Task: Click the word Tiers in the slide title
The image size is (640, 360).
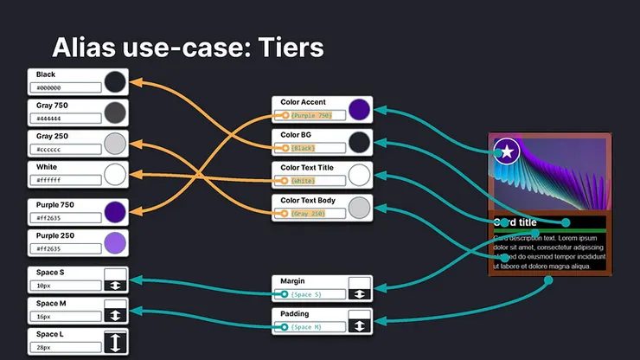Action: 283,47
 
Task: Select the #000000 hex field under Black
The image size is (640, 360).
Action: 66,87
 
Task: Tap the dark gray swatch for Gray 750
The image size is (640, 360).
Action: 115,112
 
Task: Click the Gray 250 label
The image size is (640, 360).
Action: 52,136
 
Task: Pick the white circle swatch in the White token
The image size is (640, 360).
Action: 115,174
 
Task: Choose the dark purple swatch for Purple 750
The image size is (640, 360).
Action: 115,212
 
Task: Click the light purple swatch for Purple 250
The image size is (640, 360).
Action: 115,242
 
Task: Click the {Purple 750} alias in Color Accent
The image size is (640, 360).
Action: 310,115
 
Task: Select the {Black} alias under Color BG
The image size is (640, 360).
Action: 303,148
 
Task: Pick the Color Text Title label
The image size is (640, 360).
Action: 307,167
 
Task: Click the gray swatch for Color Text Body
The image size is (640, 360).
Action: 359,207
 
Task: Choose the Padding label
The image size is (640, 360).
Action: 295,313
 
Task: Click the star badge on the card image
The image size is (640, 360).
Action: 507,152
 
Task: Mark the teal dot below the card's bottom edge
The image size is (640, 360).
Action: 547,280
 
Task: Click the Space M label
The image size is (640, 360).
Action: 51,304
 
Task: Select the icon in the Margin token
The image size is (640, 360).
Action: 359,288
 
